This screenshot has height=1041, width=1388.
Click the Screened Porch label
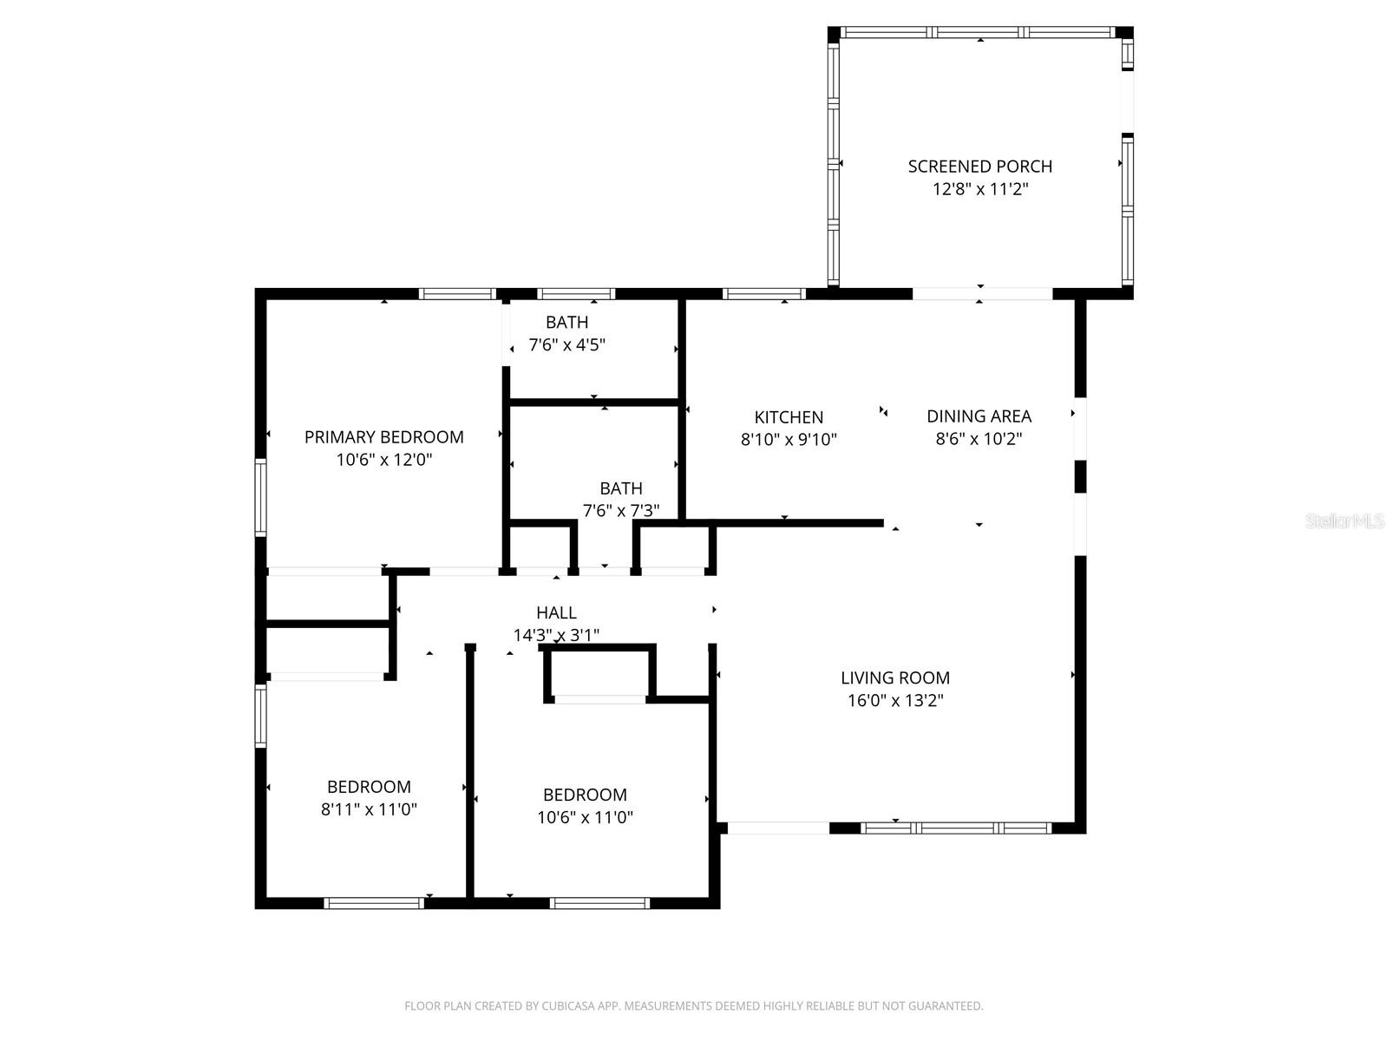pyautogui.click(x=979, y=166)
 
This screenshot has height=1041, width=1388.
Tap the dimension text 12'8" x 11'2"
pyautogui.click(x=979, y=189)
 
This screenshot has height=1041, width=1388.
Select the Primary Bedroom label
pyautogui.click(x=383, y=436)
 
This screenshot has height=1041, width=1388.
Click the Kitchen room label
pyautogui.click(x=788, y=417)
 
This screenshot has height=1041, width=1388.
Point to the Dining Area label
pyautogui.click(x=979, y=416)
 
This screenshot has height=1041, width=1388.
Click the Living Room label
pyautogui.click(x=894, y=678)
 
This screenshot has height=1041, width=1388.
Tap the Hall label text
pyautogui.click(x=556, y=612)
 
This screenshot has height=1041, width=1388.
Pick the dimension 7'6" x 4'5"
pyautogui.click(x=566, y=344)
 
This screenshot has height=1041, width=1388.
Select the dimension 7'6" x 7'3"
pyautogui.click(x=620, y=511)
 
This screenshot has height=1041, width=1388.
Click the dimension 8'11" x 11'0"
pyautogui.click(x=369, y=809)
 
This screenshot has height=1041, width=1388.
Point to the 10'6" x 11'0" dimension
pyautogui.click(x=585, y=817)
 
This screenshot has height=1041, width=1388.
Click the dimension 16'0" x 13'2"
pyautogui.click(x=894, y=700)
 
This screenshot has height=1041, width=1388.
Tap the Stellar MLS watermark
pyautogui.click(x=1345, y=520)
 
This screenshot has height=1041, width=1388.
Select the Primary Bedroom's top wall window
pyautogui.click(x=457, y=293)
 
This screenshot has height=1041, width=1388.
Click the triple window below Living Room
pyautogui.click(x=956, y=828)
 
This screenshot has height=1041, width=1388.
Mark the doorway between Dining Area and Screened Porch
pyautogui.click(x=982, y=293)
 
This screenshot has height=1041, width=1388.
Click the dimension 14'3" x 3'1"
pyautogui.click(x=556, y=635)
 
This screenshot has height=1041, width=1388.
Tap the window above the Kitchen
pyautogui.click(x=763, y=293)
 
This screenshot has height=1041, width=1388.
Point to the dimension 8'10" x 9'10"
pyautogui.click(x=788, y=440)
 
